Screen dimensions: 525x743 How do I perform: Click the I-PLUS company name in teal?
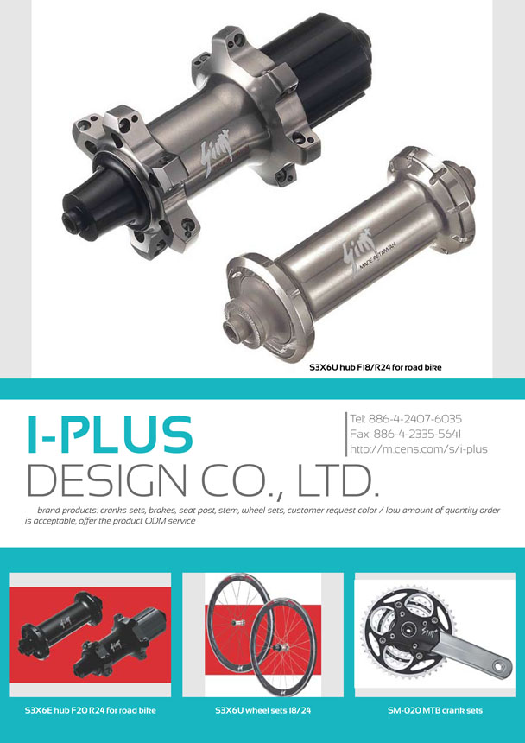(x=110, y=434)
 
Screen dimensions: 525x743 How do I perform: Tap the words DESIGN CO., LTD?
(x=204, y=480)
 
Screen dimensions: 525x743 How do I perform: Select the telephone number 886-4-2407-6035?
(x=414, y=419)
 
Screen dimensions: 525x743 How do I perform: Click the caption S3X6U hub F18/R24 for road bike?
(x=376, y=367)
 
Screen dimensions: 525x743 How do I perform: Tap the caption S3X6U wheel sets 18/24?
(x=262, y=711)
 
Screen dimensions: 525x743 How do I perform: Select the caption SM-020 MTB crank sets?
(x=435, y=711)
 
